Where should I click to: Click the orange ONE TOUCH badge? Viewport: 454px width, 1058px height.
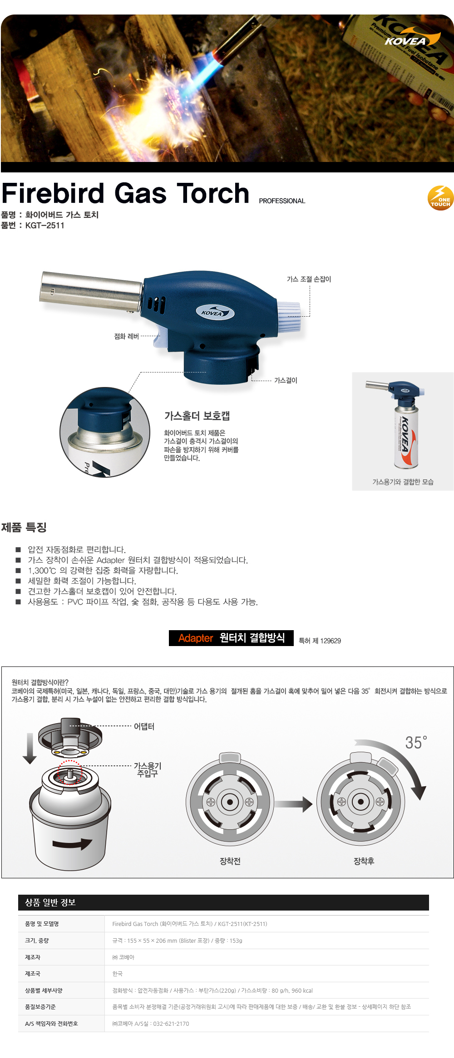point(440,198)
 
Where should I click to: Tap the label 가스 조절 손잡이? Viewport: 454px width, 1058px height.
point(309,279)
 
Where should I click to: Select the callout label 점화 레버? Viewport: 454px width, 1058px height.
point(126,336)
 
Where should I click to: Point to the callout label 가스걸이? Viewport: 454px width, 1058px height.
point(286,380)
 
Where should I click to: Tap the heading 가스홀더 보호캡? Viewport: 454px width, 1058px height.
point(197,416)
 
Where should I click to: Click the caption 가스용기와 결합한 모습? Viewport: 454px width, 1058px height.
point(403,482)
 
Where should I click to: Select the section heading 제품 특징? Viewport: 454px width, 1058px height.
point(24,527)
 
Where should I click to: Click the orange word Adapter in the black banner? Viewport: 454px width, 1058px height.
point(196,638)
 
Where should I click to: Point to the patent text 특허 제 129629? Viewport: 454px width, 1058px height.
point(320,641)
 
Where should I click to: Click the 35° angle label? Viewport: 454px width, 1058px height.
point(416,743)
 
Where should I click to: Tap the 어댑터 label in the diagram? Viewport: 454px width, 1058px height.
point(144,726)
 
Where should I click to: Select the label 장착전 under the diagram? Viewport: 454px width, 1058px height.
point(230,861)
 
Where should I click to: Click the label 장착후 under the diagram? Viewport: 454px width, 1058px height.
point(364,861)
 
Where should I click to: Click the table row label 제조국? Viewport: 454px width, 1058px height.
point(33,974)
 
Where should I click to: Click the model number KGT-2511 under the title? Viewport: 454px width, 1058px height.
point(44,225)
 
